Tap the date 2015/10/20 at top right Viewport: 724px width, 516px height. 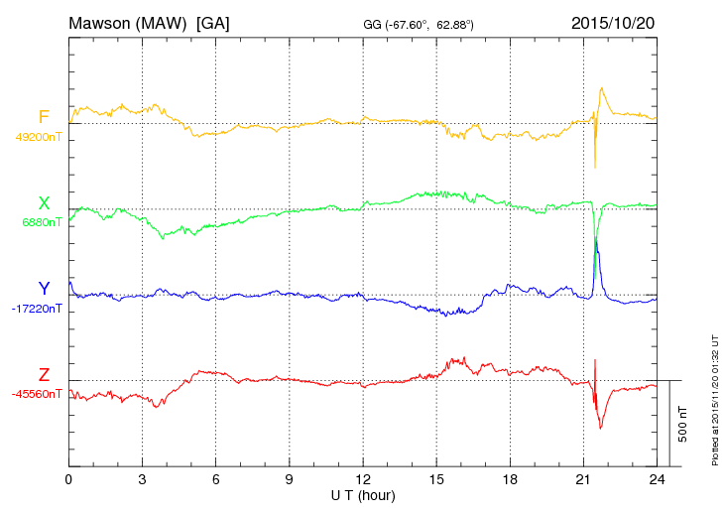point(612,22)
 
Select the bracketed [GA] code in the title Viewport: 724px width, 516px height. point(213,22)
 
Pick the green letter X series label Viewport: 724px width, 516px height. point(44,202)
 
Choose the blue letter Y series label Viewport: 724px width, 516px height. point(44,289)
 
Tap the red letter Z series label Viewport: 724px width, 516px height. point(44,374)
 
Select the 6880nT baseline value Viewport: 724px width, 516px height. point(42,222)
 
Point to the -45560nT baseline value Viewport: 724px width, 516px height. point(37,393)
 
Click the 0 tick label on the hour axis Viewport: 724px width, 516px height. point(68,479)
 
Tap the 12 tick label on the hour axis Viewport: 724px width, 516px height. point(363,479)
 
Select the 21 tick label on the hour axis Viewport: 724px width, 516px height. point(583,479)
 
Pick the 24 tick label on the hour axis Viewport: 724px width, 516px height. point(657,479)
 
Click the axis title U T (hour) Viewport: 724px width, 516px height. point(362,494)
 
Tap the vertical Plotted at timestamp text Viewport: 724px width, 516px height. point(714,397)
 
